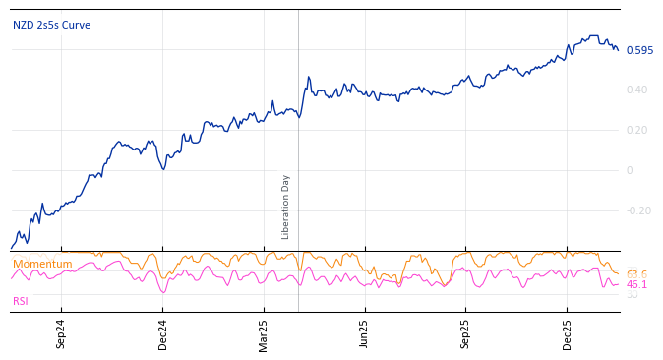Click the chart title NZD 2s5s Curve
point(51,26)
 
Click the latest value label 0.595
point(639,50)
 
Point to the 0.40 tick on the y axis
point(638,90)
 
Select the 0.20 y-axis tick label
point(638,131)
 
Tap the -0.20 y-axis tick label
point(638,210)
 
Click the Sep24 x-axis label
point(61,333)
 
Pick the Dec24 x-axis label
point(163,333)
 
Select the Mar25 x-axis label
point(264,333)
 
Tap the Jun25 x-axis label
point(365,333)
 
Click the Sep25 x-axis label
point(466,333)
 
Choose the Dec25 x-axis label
point(568,333)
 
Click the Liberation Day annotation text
point(286,207)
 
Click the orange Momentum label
point(42,264)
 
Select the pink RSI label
point(21,301)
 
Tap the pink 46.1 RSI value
point(636,285)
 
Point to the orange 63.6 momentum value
point(636,274)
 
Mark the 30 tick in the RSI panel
point(632,295)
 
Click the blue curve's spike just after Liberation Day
point(308,77)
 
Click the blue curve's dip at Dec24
point(163,169)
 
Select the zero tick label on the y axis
point(630,170)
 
